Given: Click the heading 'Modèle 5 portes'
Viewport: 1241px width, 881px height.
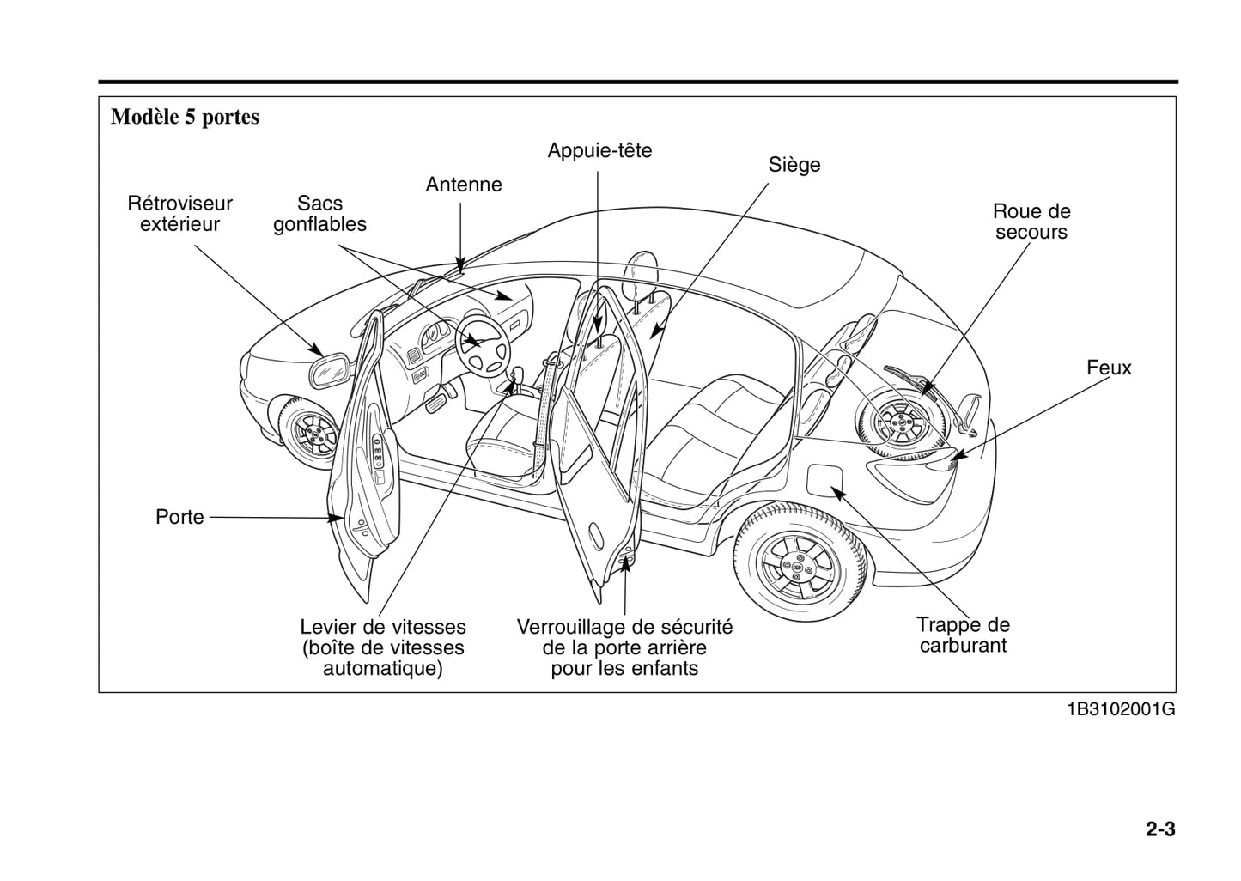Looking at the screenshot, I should coord(185,118).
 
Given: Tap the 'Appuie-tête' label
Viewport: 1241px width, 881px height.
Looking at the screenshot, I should coord(599,151).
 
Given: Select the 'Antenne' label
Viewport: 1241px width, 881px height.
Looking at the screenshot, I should coord(464,185).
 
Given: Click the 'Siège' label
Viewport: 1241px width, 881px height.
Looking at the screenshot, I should coord(794,165).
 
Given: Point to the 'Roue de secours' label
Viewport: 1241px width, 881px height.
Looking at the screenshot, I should coord(1031,222).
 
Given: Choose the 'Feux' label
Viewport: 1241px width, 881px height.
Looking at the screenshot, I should coord(1109,368).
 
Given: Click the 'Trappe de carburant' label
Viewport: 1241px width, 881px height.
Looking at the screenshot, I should coord(963,635).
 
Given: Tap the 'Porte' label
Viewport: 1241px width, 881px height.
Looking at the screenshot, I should coord(179,517).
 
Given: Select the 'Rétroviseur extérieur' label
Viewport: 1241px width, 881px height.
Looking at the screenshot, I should coord(180,214).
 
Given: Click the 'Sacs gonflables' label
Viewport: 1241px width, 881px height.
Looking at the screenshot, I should coord(319,214).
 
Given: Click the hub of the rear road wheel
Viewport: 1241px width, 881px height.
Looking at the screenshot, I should coord(798,568).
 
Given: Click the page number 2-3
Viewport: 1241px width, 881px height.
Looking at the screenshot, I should coord(1159,829).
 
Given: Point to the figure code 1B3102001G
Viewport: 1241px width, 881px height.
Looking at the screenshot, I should coord(1120,710).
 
